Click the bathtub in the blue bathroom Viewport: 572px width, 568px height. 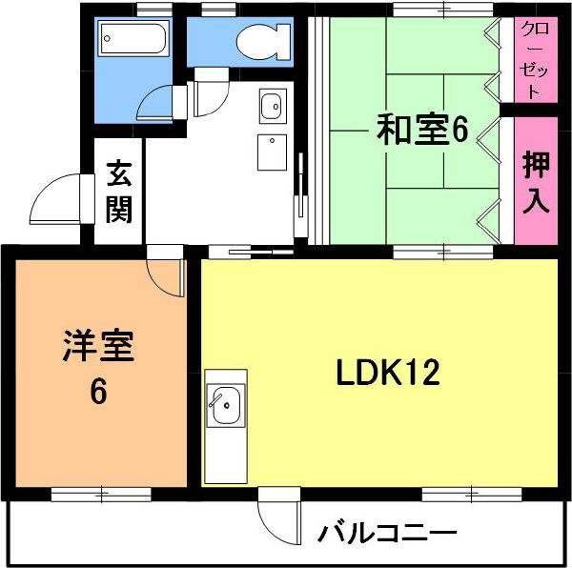tap(133, 40)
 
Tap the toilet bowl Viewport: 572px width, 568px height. tap(258, 41)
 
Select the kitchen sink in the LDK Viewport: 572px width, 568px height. tap(226, 407)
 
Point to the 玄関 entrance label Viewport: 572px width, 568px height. tap(119, 191)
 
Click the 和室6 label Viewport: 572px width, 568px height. tap(421, 130)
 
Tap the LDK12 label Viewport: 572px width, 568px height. tap(387, 373)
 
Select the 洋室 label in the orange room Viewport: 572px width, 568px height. tap(98, 345)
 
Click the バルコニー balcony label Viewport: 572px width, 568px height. tap(388, 531)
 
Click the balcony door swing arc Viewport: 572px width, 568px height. tap(277, 519)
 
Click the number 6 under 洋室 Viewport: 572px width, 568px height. tap(98, 391)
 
